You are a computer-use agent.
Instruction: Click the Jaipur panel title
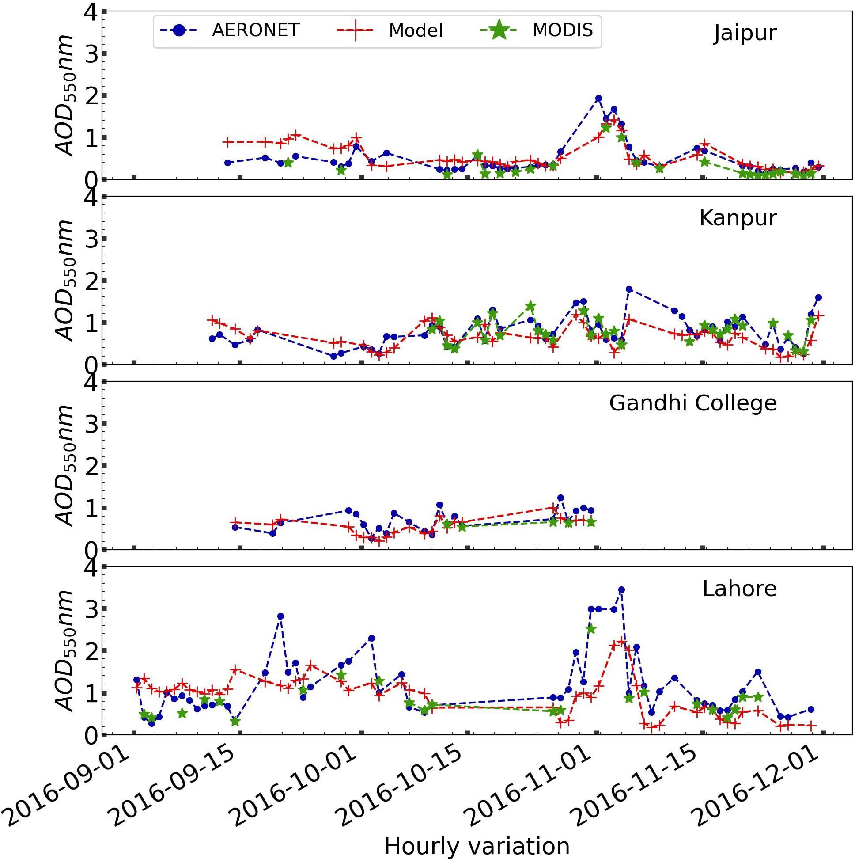(x=745, y=33)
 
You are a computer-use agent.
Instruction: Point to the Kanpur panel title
(x=738, y=218)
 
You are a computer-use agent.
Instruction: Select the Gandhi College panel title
(x=692, y=403)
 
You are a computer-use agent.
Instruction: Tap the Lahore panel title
(x=739, y=589)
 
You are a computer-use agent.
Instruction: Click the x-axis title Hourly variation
(x=477, y=846)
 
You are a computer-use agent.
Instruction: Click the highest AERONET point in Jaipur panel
(x=598, y=98)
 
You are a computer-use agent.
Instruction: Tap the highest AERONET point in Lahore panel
(x=621, y=589)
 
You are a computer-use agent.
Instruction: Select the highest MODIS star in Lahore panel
(x=590, y=629)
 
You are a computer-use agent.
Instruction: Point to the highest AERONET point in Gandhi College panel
(x=560, y=498)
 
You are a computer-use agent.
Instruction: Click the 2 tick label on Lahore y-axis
(x=91, y=651)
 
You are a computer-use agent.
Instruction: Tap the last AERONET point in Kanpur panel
(x=818, y=297)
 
